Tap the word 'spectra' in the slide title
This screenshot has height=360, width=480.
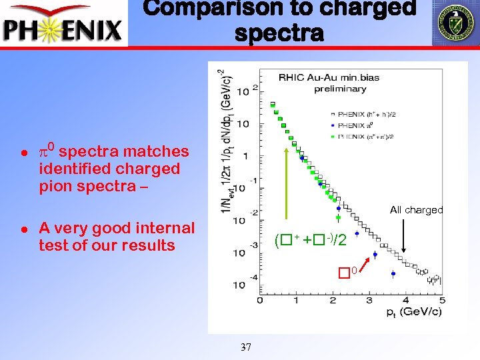pyautogui.click(x=279, y=33)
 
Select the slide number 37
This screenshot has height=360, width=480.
pyautogui.click(x=245, y=347)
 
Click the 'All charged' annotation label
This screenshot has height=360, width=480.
pyautogui.click(x=416, y=210)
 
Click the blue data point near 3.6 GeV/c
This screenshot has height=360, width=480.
pyautogui.click(x=393, y=273)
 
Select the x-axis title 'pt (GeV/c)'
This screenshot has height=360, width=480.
pyautogui.click(x=414, y=312)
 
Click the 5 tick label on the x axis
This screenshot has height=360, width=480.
pyautogui.click(x=441, y=301)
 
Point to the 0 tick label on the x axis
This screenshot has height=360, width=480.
pyautogui.click(x=259, y=301)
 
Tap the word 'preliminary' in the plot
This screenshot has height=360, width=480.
pyautogui.click(x=341, y=89)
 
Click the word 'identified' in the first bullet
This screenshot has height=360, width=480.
pyautogui.click(x=73, y=169)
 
